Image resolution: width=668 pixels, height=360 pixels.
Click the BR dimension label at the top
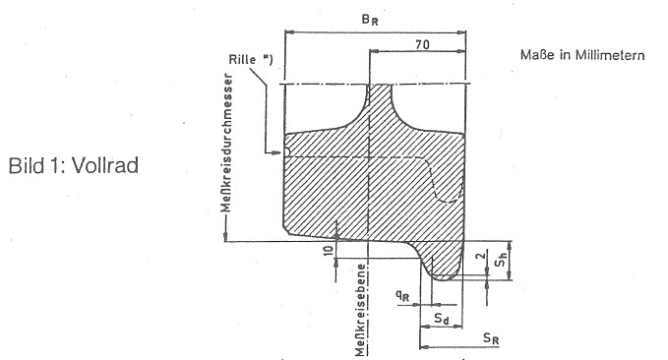pyautogui.click(x=369, y=20)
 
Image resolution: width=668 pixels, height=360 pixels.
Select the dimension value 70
pyautogui.click(x=422, y=44)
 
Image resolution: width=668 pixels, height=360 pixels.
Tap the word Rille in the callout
pyautogui.click(x=242, y=59)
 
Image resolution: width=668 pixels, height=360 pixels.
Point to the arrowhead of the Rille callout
pyautogui.click(x=276, y=152)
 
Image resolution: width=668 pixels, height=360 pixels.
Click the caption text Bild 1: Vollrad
pyautogui.click(x=74, y=165)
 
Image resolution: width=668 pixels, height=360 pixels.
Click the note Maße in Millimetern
pyautogui.click(x=582, y=55)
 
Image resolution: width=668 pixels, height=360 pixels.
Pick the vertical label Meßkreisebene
pyautogui.click(x=361, y=310)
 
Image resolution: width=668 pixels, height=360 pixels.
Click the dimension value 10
pyautogui.click(x=329, y=250)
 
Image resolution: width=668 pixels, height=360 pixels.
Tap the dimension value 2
pyautogui.click(x=480, y=256)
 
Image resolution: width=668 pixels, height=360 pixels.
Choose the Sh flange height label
pyautogui.click(x=501, y=260)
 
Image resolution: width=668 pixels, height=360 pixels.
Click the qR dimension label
pyautogui.click(x=402, y=295)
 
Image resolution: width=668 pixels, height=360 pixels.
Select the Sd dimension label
pyautogui.click(x=442, y=318)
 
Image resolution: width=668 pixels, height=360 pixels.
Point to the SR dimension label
pyautogui.click(x=491, y=338)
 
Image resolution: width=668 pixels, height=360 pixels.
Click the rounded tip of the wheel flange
pyautogui.click(x=444, y=279)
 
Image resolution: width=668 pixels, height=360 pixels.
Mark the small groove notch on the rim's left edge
pyautogui.click(x=287, y=152)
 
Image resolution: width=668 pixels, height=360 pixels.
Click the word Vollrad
pyautogui.click(x=105, y=165)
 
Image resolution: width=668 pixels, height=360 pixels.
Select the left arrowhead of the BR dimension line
pyautogui.click(x=289, y=31)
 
